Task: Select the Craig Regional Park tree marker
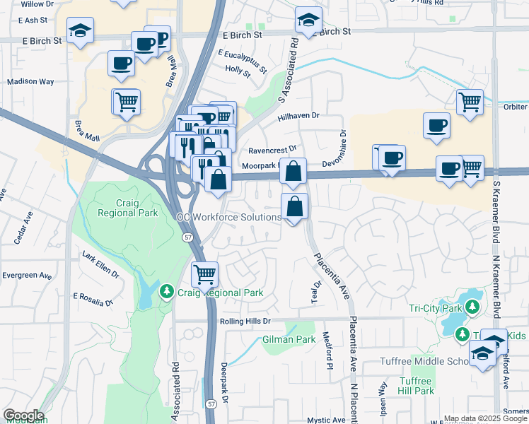point(167,292)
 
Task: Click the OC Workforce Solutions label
point(231,218)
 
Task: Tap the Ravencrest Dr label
point(272,151)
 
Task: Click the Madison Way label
point(30,81)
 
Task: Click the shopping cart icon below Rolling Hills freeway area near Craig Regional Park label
point(204,273)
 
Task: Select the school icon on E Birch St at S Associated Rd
point(308,20)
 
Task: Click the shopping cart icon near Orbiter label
point(470,102)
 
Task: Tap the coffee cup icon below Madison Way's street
point(121,63)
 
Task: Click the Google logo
point(23,416)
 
